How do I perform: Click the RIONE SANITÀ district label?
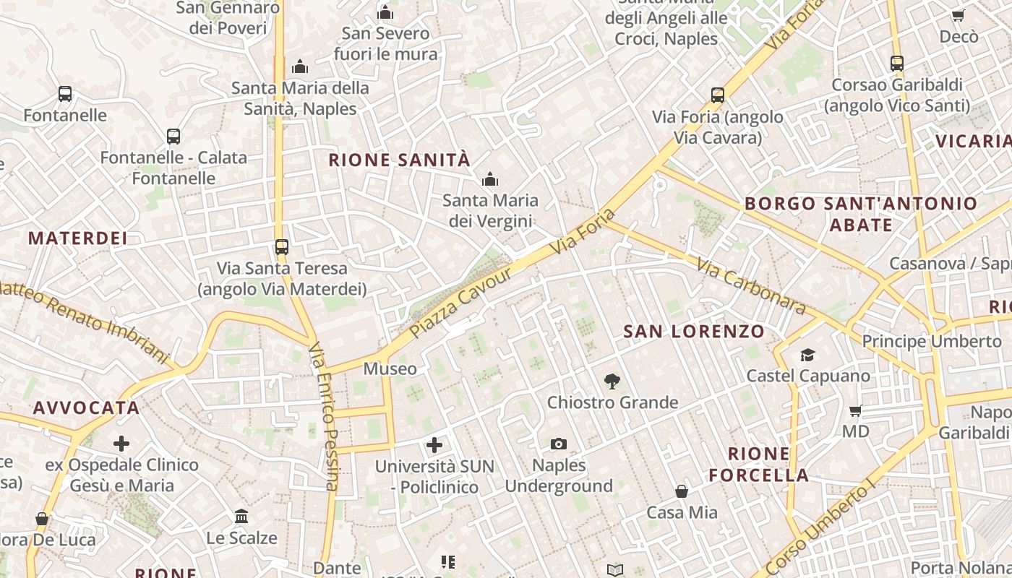tap(399, 160)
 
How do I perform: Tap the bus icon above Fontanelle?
tap(65, 94)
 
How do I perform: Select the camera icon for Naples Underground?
tap(558, 444)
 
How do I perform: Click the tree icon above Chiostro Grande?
tap(612, 381)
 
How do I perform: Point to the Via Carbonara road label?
tap(751, 286)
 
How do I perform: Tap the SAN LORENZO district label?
tap(693, 332)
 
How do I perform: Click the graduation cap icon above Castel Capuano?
tap(807, 355)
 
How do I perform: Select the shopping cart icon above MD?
tap(856, 410)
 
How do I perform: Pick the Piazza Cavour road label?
tap(460, 303)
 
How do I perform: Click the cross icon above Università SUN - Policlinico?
tap(434, 444)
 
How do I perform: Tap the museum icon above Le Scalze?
tap(241, 517)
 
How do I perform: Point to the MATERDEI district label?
tap(77, 238)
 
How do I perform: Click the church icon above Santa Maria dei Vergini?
tap(490, 178)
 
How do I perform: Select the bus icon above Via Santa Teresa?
tap(282, 247)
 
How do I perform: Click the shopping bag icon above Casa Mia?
tap(681, 491)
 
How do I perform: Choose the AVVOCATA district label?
tap(86, 407)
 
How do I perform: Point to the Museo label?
tap(390, 368)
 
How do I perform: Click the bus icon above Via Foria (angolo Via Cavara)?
tap(717, 95)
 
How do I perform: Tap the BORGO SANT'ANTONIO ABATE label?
tap(860, 214)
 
